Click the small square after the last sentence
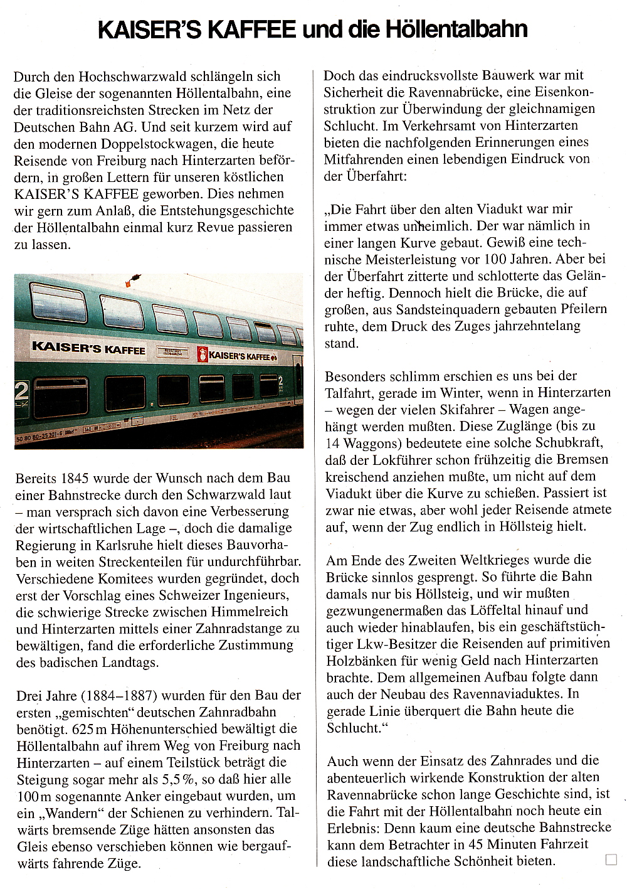611,860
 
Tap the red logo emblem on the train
203,354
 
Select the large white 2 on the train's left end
21,391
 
